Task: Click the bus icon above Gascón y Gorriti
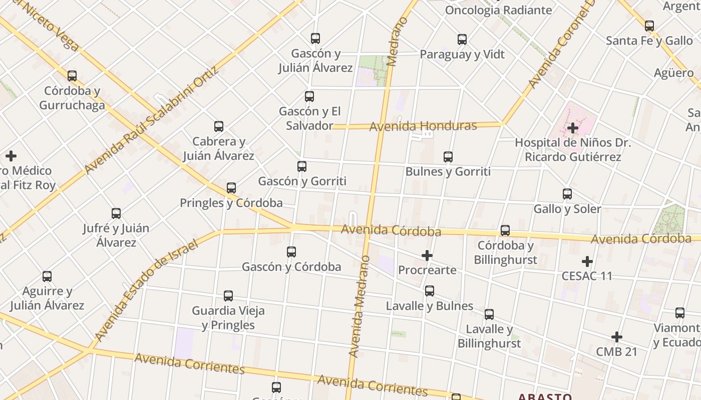(x=302, y=166)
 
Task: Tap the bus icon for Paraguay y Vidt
(x=462, y=39)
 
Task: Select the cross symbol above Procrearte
(x=427, y=256)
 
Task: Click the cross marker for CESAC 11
(x=587, y=261)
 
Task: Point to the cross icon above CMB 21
(x=617, y=337)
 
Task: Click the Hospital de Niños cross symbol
(x=573, y=128)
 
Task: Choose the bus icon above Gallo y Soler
(x=567, y=194)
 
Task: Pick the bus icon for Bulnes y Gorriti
(x=448, y=157)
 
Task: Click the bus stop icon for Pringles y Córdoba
(x=231, y=188)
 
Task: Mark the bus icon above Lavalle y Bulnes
(x=430, y=291)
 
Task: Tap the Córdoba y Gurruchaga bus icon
(x=72, y=76)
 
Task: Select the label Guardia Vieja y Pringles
(x=228, y=318)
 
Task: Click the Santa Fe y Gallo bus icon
(x=649, y=26)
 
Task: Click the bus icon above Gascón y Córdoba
(x=291, y=252)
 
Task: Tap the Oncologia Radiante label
(x=498, y=10)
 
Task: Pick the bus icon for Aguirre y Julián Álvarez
(x=47, y=276)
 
